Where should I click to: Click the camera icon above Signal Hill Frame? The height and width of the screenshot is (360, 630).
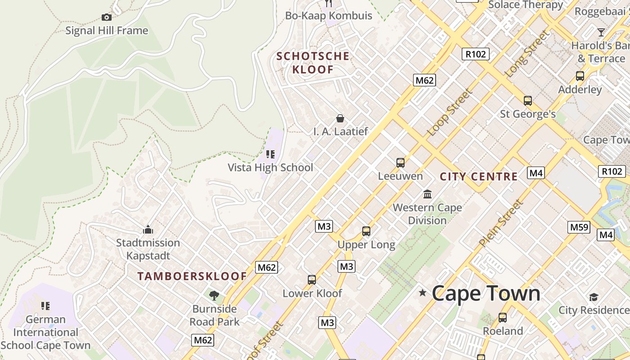click(107, 18)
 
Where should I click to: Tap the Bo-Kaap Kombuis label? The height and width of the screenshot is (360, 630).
click(328, 16)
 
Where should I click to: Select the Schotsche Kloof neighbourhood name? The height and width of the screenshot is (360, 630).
click(313, 63)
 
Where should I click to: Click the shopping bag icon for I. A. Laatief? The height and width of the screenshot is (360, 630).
click(340, 118)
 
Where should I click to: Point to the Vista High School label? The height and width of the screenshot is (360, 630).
click(270, 167)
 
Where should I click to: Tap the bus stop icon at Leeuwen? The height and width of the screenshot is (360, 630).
click(400, 162)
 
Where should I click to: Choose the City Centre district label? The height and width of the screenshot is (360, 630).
click(478, 176)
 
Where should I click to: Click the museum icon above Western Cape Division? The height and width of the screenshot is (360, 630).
click(427, 194)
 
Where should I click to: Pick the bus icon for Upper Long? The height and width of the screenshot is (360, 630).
click(366, 231)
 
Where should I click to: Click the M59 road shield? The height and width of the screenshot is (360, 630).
click(579, 227)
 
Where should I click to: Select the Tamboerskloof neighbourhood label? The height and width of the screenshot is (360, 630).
click(192, 276)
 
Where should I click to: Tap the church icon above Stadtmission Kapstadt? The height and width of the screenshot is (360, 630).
click(148, 230)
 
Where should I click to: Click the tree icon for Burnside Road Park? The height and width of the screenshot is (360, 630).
click(214, 295)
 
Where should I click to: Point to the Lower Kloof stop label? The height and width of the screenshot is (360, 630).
click(312, 293)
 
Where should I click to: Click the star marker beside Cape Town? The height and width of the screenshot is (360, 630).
click(423, 293)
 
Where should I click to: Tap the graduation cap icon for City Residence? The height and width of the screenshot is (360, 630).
click(594, 297)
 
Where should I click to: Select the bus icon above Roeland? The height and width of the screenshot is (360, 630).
click(503, 318)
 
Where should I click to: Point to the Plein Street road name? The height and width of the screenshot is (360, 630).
click(501, 224)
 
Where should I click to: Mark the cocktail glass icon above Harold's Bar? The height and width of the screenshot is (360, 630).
click(601, 32)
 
